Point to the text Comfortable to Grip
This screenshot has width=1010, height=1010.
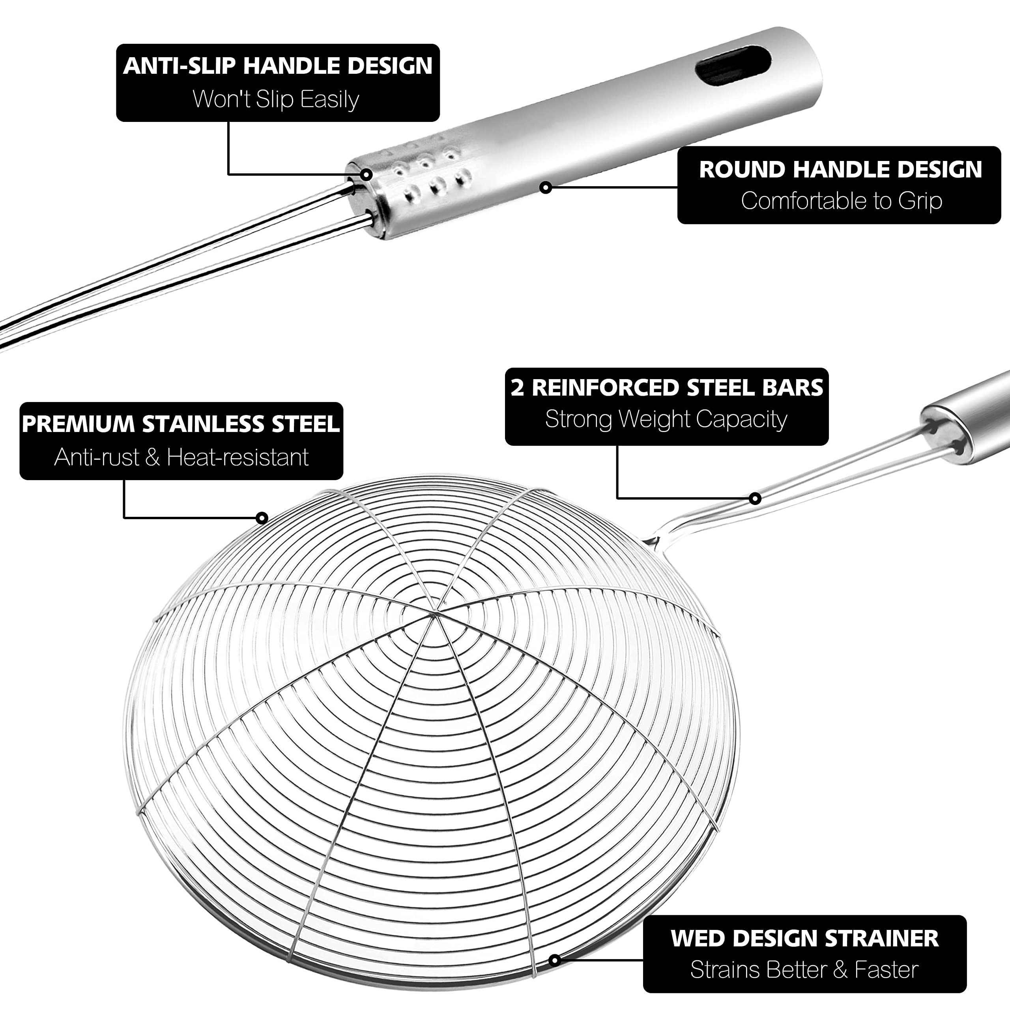pyautogui.click(x=841, y=201)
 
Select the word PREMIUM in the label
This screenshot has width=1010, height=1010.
pyautogui.click(x=79, y=424)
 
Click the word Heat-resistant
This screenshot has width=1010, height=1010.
pyautogui.click(x=238, y=457)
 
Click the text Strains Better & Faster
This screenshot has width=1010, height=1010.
pyautogui.click(x=804, y=970)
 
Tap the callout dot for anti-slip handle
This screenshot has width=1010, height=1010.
pyautogui.click(x=367, y=174)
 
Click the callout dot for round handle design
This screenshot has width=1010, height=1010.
pyautogui.click(x=545, y=187)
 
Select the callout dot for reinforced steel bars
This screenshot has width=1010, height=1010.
pyautogui.click(x=755, y=498)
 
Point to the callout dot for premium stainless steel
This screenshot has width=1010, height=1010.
pyautogui.click(x=262, y=518)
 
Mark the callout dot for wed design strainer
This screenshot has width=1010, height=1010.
pyautogui.click(x=555, y=960)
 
